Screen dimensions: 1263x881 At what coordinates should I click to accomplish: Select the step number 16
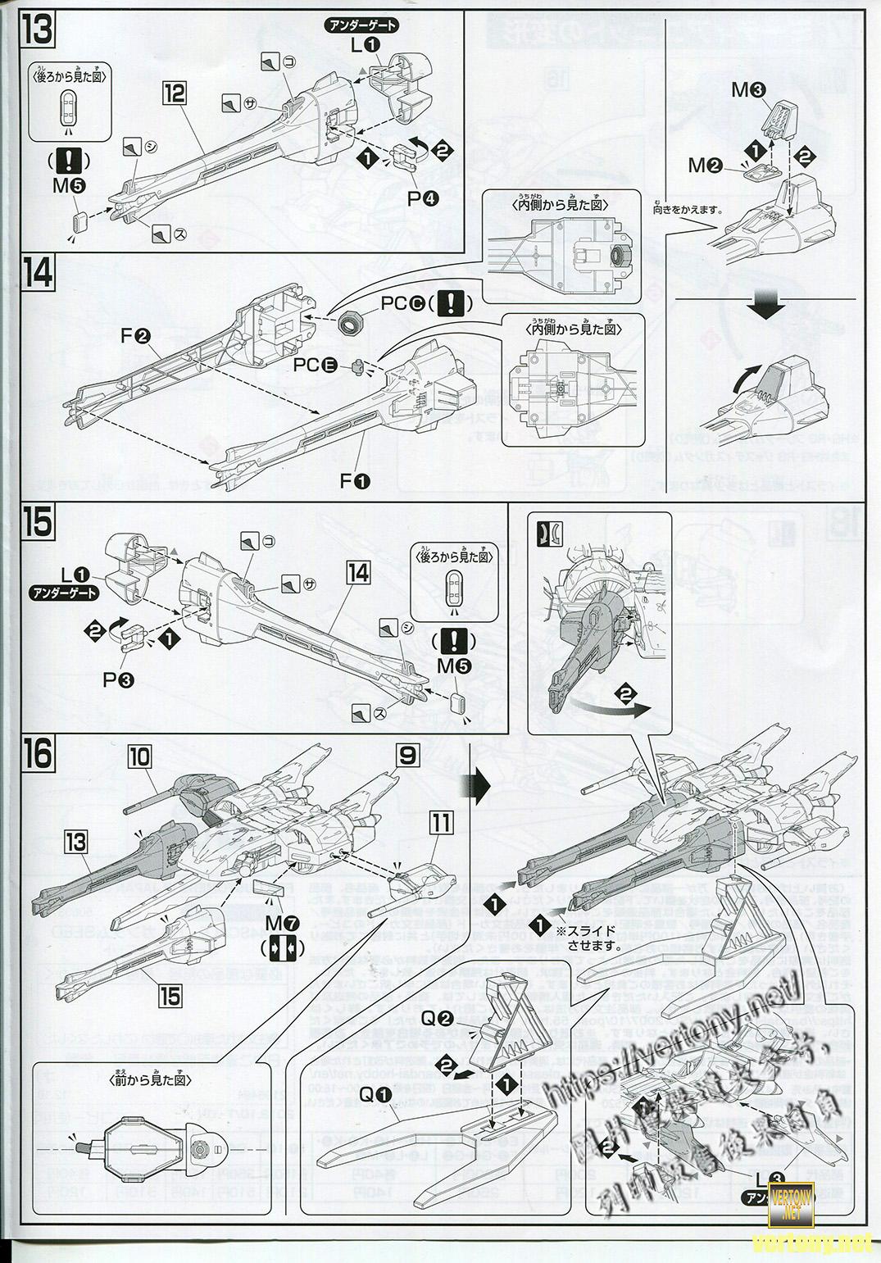click(37, 752)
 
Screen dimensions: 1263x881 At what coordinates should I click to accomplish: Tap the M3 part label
click(748, 90)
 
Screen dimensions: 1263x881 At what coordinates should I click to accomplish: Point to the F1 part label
click(355, 481)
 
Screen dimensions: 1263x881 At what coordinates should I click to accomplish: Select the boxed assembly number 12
click(173, 93)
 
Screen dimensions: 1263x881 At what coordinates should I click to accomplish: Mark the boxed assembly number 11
click(441, 820)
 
